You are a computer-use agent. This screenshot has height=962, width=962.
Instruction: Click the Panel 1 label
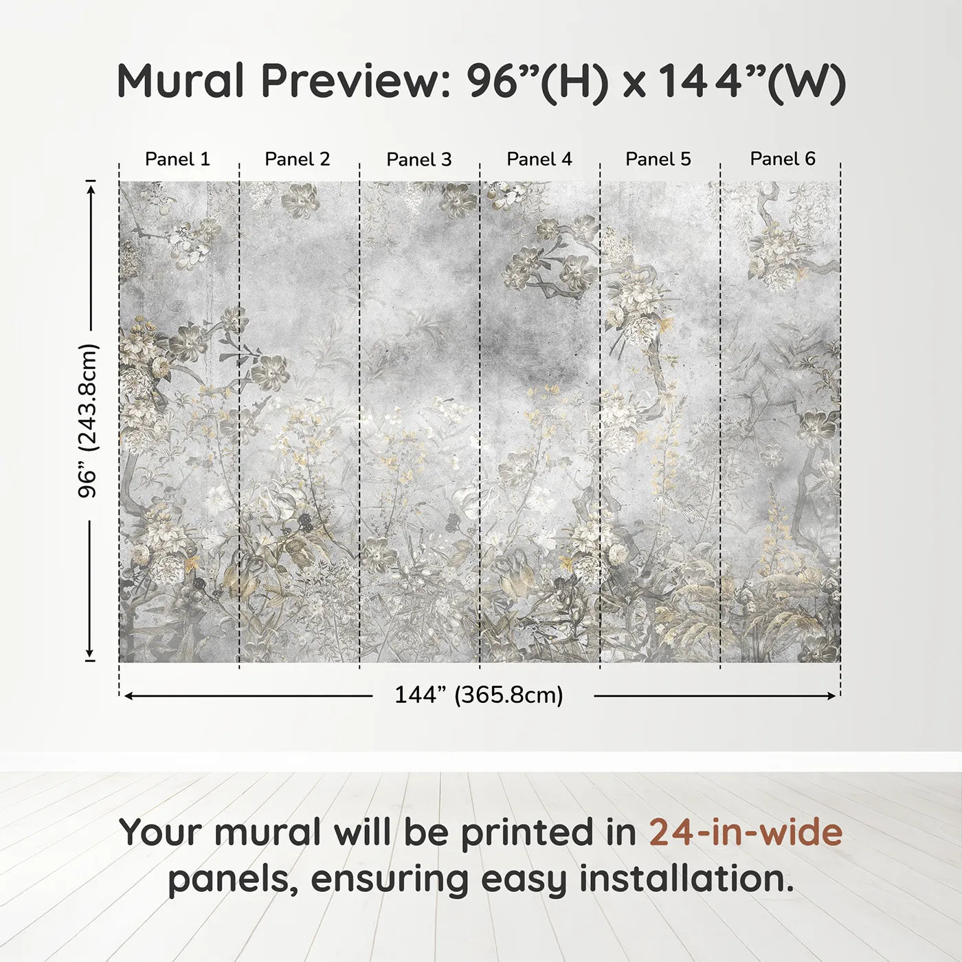coord(177,159)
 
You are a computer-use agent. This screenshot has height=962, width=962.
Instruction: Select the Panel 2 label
coord(298,159)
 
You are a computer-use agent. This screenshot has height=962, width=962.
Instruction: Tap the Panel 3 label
coord(419,159)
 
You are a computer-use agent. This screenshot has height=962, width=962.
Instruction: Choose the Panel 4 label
coord(539,159)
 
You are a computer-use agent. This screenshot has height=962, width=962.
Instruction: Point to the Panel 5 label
coord(658,159)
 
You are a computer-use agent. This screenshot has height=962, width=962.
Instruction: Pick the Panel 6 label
coord(783,159)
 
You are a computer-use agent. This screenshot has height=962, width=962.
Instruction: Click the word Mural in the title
coord(180,81)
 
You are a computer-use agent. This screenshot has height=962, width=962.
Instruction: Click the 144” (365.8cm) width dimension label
coord(479,695)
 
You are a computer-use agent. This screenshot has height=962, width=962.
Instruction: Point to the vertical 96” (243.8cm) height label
coord(88,421)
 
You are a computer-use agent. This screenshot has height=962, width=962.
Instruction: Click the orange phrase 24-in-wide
coord(746,833)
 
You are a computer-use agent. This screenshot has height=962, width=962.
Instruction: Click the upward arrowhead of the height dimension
coord(90,186)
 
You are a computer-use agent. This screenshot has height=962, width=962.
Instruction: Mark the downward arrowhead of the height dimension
coord(89,653)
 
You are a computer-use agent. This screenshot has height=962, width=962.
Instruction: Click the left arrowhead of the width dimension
coord(128,696)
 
